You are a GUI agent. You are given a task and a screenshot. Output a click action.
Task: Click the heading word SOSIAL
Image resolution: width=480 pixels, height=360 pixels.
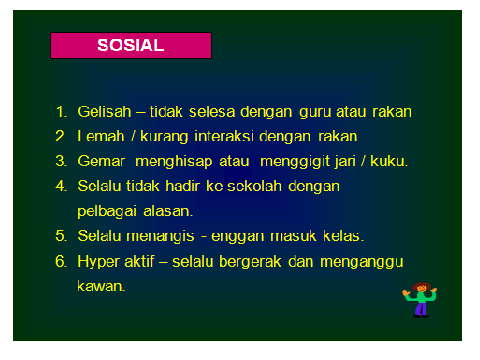[x=131, y=45]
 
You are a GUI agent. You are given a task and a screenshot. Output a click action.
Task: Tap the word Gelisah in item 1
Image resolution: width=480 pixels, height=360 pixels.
[x=103, y=111]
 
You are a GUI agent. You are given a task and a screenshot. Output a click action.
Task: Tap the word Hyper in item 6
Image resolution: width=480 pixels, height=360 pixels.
[x=99, y=261]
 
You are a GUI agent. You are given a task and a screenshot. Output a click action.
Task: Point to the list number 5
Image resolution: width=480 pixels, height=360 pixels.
[x=61, y=236]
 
